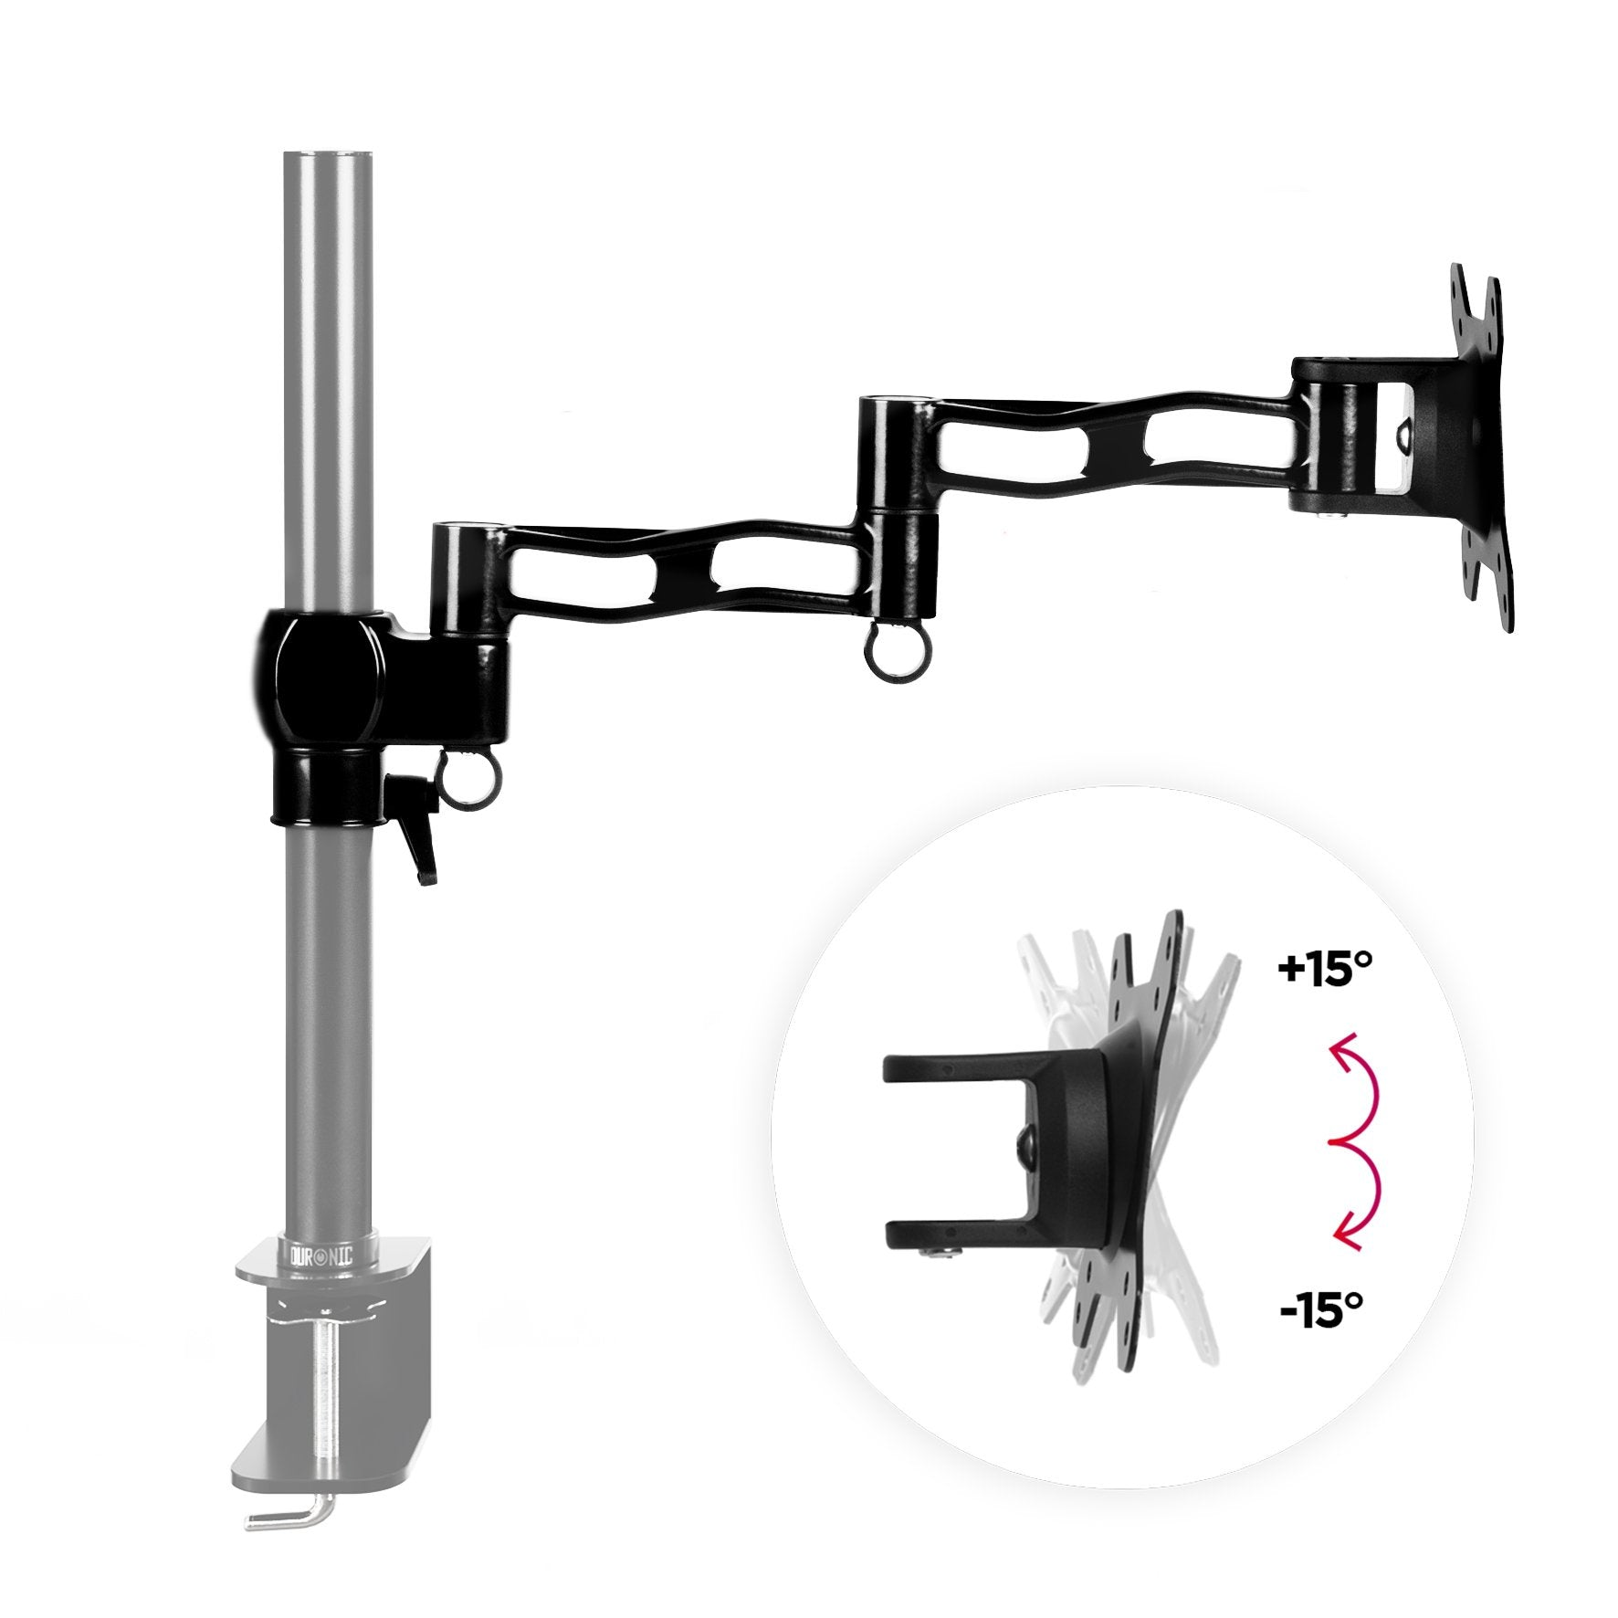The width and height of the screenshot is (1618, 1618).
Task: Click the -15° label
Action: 1321,1314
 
